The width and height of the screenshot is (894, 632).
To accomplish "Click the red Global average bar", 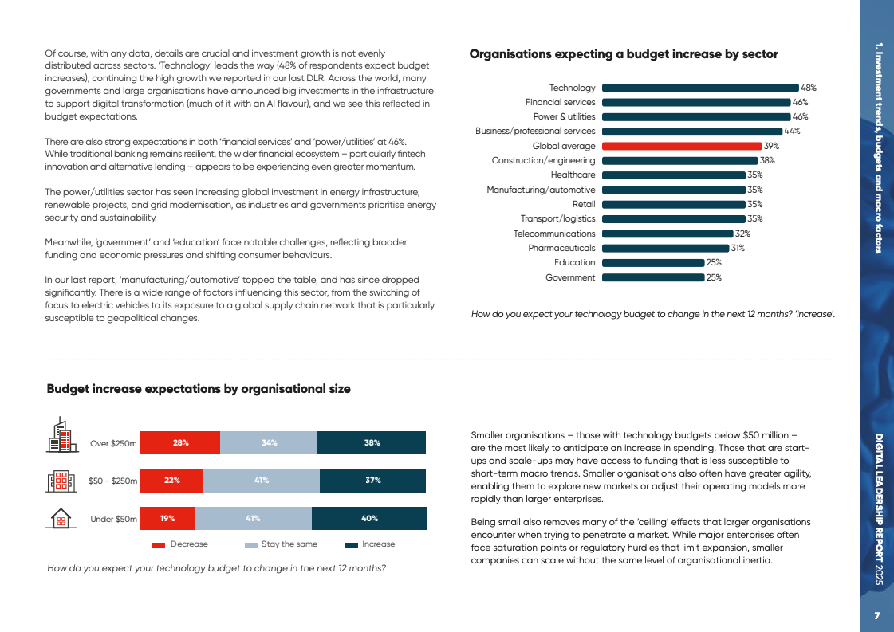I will (x=682, y=146).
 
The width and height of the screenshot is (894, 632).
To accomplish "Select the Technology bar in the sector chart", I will (x=700, y=88).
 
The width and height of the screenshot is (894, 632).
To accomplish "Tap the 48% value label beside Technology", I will (x=809, y=88).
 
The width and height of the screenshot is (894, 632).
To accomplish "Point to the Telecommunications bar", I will (x=668, y=234).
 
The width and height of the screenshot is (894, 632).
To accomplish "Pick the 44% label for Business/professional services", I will (x=792, y=132).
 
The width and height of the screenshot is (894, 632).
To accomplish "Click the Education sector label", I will (x=574, y=262).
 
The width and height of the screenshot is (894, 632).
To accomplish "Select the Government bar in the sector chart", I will (x=653, y=277).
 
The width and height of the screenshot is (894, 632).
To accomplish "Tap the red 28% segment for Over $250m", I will (x=180, y=442).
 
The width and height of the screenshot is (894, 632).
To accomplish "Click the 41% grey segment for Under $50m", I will (x=253, y=518).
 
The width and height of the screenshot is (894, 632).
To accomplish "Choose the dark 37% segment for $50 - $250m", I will (x=372, y=481).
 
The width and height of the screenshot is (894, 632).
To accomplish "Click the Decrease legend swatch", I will (x=159, y=545).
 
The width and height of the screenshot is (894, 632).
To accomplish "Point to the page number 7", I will (x=876, y=616).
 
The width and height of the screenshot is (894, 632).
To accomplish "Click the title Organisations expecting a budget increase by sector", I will (x=624, y=54).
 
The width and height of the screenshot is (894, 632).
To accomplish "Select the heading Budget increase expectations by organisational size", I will (x=199, y=389).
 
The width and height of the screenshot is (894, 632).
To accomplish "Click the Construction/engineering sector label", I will (x=543, y=160).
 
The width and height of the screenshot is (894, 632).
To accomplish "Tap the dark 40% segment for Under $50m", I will (x=369, y=518).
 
